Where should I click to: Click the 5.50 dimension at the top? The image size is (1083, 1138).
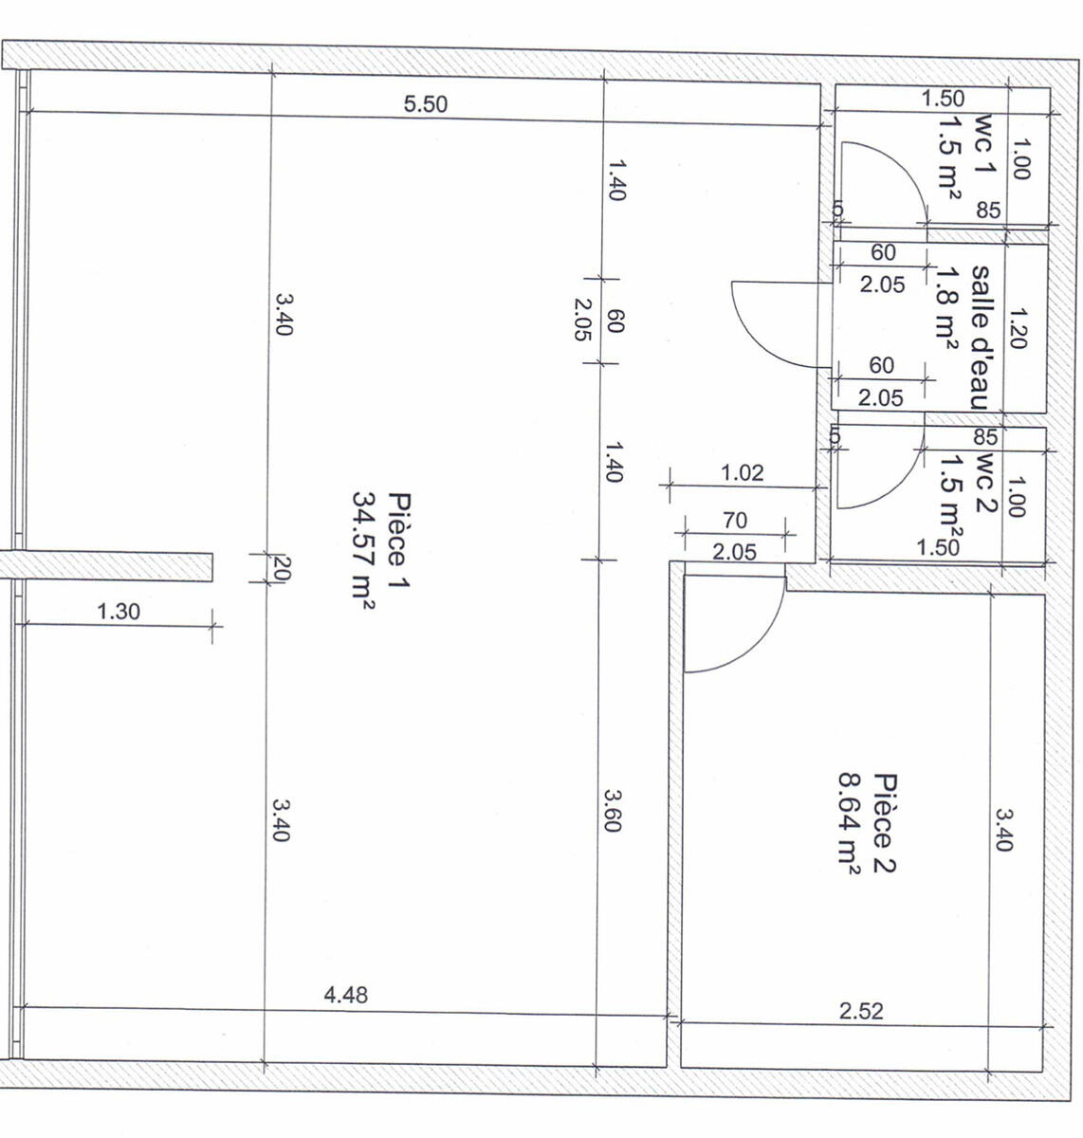click(x=426, y=104)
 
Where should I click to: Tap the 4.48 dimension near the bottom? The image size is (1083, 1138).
click(x=345, y=995)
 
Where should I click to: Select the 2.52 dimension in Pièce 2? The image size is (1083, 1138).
click(x=861, y=1011)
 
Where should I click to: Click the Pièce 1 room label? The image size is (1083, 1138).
click(x=399, y=540)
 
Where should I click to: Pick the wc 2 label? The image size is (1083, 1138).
click(x=984, y=482)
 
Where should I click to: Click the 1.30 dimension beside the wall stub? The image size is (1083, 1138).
click(x=119, y=612)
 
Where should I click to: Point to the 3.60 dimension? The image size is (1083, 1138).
click(x=613, y=811)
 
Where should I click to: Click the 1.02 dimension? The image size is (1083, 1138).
click(x=742, y=473)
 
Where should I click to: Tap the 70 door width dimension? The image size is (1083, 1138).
click(x=735, y=521)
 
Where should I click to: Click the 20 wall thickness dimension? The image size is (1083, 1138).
click(x=285, y=568)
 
